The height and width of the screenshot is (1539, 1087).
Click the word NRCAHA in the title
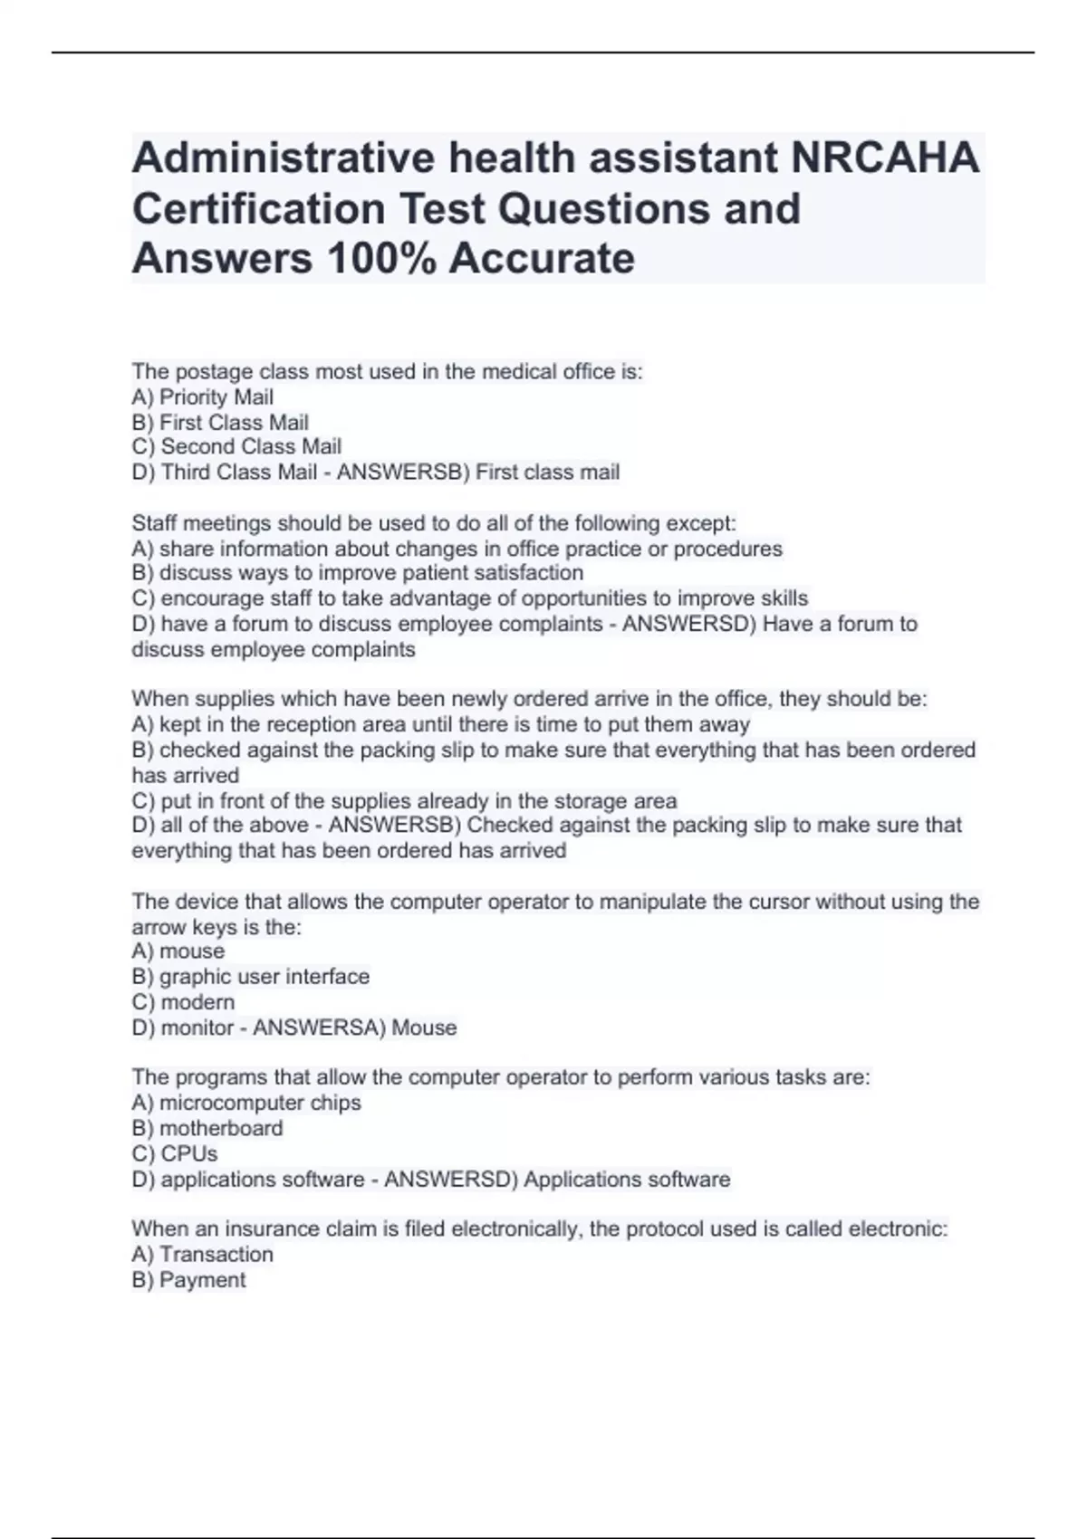point(885,158)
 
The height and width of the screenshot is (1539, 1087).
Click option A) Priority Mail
point(202,397)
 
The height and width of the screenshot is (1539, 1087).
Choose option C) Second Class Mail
point(236,447)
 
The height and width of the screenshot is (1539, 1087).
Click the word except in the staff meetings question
point(700,523)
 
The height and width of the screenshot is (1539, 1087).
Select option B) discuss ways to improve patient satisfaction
point(357,573)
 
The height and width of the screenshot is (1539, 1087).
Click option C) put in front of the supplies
point(404,801)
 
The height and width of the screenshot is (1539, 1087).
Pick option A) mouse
point(178,951)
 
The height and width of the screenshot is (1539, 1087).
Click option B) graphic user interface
point(250,977)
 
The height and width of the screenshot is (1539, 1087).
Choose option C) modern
point(183,1002)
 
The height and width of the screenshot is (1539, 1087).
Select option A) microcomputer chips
point(245,1103)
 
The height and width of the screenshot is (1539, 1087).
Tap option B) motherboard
point(207,1128)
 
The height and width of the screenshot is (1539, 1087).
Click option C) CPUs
point(175,1153)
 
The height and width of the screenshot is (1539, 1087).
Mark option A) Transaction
point(202,1255)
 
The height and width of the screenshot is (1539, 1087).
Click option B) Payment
point(188,1280)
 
